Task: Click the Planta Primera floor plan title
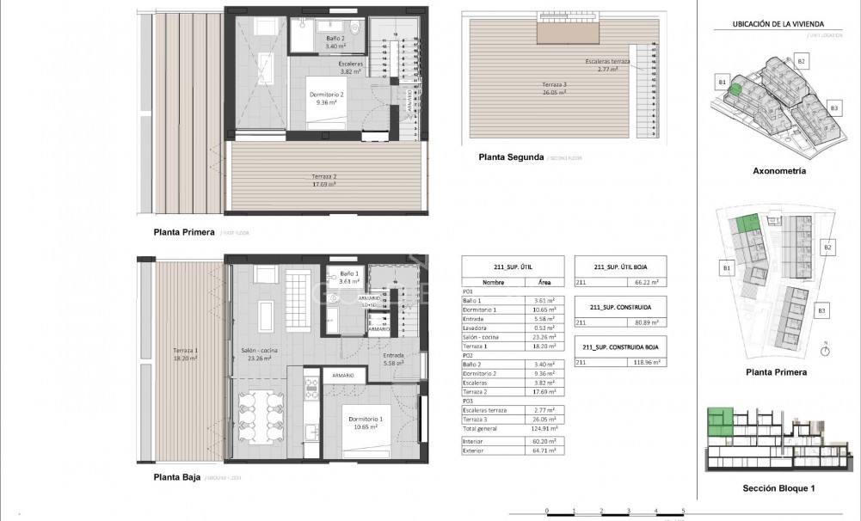tap(184, 231)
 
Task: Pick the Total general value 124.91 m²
tap(544, 427)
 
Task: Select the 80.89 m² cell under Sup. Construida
tap(647, 323)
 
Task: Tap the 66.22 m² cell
tap(647, 282)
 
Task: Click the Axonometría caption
tap(778, 171)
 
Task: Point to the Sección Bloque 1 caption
tap(778, 488)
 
